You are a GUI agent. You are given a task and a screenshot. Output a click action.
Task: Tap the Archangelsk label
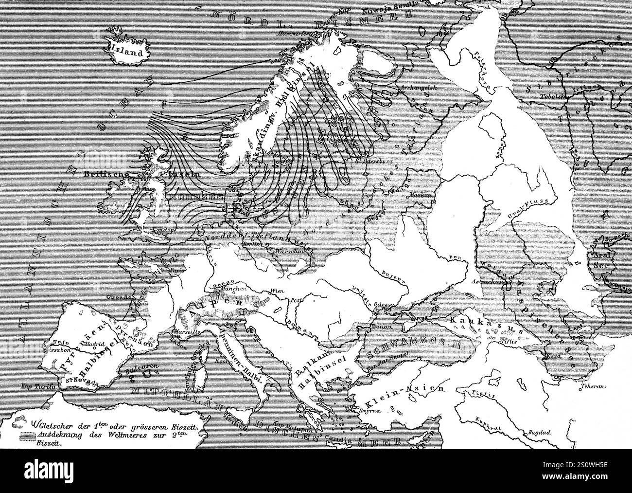[x=413, y=88]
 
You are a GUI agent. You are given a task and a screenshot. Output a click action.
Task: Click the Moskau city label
[x=421, y=195]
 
